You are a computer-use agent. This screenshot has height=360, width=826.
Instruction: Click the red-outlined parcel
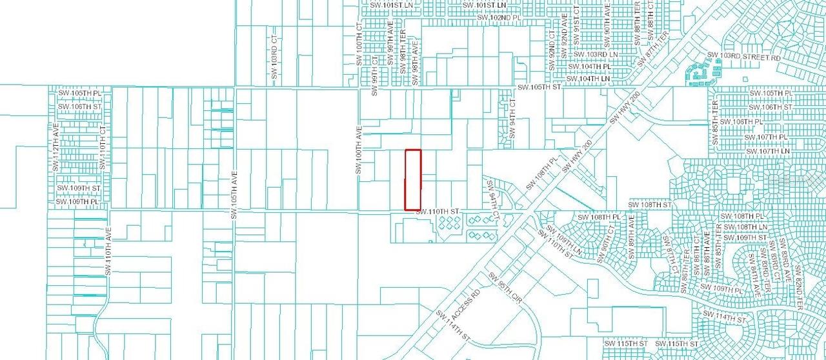(x=413, y=179)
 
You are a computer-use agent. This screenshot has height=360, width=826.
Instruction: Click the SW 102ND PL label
(x=498, y=17)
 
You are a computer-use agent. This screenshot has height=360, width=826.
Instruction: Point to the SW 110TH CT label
(x=103, y=148)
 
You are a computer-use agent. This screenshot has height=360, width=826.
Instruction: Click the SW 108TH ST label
(x=650, y=205)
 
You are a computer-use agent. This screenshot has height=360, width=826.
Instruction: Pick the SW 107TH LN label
(x=767, y=151)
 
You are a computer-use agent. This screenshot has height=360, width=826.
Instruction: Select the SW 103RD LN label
(x=596, y=55)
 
